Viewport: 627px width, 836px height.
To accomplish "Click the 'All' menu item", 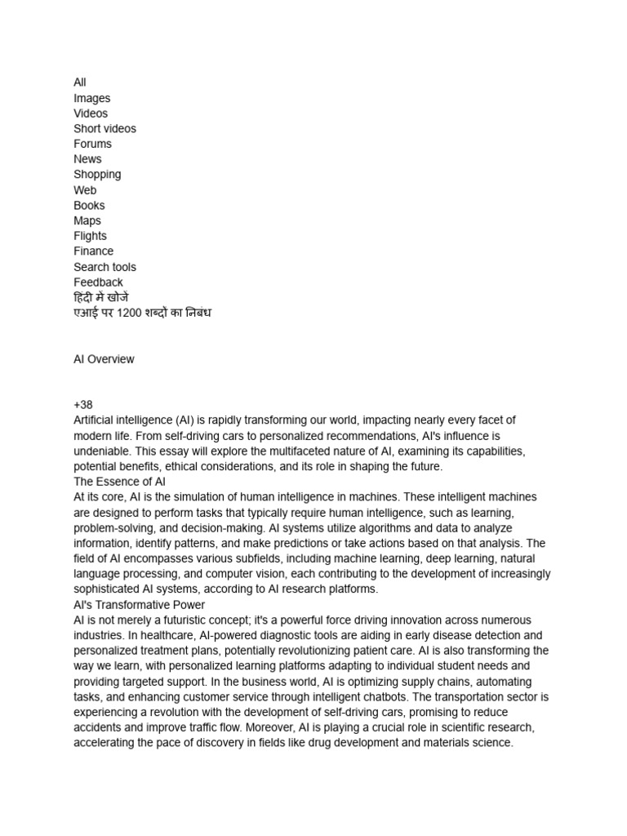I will (80, 82).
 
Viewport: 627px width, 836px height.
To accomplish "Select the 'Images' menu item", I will (91, 98).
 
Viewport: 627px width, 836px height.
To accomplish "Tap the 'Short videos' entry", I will (104, 128).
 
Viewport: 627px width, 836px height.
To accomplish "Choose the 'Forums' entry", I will (92, 144).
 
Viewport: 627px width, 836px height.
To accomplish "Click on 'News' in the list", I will (87, 159).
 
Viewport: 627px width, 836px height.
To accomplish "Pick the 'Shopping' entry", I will (97, 175).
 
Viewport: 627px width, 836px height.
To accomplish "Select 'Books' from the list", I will (89, 206).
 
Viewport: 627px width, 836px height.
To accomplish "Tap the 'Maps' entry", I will (87, 220).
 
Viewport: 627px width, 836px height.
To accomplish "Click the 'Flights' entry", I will (90, 236).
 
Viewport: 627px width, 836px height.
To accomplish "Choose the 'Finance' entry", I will (93, 251).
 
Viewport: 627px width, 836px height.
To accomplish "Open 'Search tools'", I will (104, 267).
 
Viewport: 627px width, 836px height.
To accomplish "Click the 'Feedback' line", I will (98, 282).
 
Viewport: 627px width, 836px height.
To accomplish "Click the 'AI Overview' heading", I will (104, 359).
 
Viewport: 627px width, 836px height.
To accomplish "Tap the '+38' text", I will (83, 405).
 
